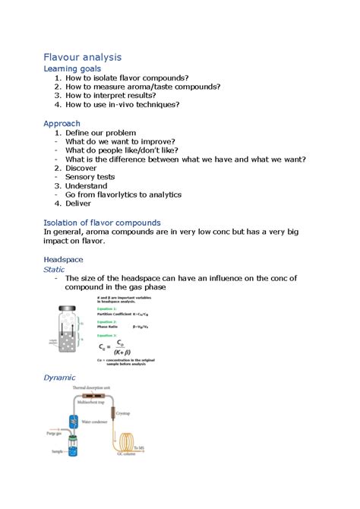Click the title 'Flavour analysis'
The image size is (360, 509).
[82, 57]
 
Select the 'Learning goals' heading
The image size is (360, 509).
[72, 69]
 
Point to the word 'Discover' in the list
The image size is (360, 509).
[84, 168]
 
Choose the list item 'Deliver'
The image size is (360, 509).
[80, 204]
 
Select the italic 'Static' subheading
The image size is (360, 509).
[54, 269]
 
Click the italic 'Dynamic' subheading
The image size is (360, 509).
[59, 377]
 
